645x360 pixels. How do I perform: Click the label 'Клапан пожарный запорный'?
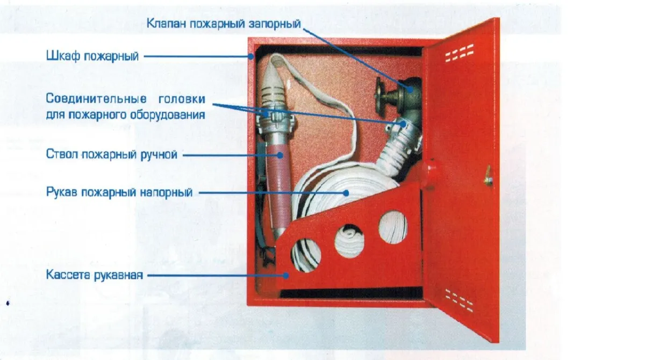pos(224,24)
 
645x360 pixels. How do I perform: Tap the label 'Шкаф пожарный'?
pos(92,56)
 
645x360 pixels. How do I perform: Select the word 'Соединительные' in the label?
pos(96,99)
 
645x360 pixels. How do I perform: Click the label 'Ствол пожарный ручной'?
pos(111,155)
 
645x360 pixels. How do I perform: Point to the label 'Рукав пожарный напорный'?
pos(119,192)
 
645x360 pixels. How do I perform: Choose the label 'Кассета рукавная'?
pos(95,275)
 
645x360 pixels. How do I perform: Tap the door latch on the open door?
pos(488,176)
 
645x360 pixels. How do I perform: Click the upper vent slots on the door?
pos(459,53)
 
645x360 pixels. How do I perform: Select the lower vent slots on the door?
pos(459,300)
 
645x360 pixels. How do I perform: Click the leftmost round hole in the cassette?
pos(306,255)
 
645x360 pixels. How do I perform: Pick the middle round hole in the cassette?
pos(349,241)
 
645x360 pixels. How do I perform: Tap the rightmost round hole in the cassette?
pos(393,227)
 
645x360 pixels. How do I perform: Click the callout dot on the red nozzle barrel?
pos(280,155)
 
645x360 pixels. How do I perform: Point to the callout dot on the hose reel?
pos(346,193)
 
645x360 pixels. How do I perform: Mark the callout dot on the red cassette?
pos(285,276)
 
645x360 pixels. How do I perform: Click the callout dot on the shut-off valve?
pos(410,89)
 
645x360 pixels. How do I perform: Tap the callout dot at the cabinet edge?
pos(252,56)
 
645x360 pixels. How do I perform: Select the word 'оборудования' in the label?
pos(168,115)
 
